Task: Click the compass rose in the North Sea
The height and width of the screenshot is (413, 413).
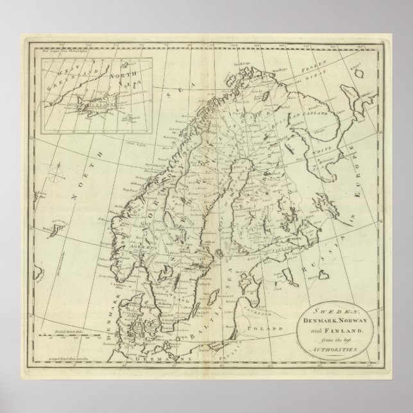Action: tap(57, 173)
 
